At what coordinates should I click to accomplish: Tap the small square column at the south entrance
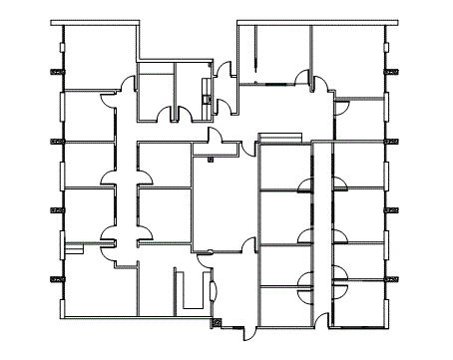click(x=215, y=322)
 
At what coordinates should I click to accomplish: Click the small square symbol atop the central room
click(x=210, y=156)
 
